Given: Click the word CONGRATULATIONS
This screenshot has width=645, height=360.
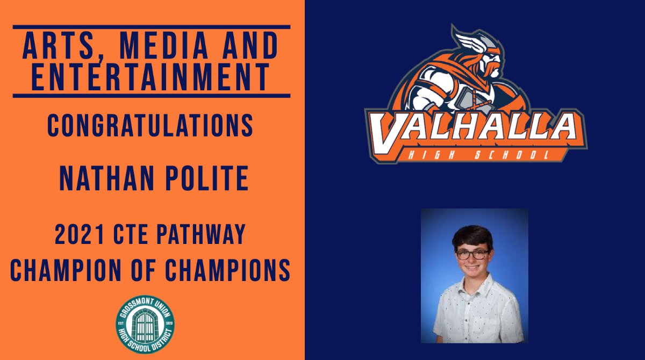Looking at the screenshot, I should (150, 125).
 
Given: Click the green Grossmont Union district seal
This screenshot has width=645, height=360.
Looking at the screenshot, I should (145, 325).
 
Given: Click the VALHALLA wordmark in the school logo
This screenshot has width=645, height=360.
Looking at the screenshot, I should (476, 129).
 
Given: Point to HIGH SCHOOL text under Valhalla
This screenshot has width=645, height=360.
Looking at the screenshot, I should (478, 156).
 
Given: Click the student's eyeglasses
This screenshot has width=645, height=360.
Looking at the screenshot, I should (472, 253).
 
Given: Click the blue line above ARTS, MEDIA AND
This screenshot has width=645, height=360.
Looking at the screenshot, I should (151, 26).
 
